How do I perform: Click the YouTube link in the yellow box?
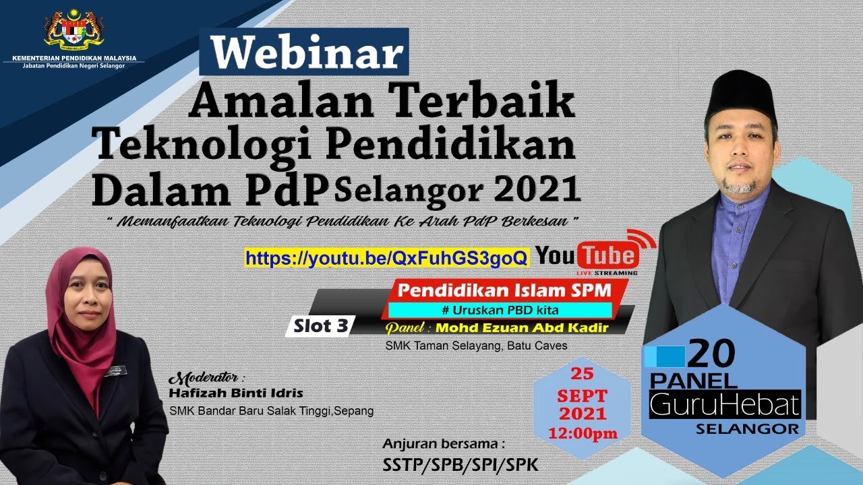386,258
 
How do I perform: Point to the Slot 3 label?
321,326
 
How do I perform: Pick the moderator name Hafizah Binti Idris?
236,393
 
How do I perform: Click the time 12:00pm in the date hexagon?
583,432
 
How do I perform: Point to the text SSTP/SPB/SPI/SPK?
460,465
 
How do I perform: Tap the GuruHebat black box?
724,405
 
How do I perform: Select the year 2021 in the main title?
537,191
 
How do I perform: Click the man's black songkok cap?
740,94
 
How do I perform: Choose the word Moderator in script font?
206,377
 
